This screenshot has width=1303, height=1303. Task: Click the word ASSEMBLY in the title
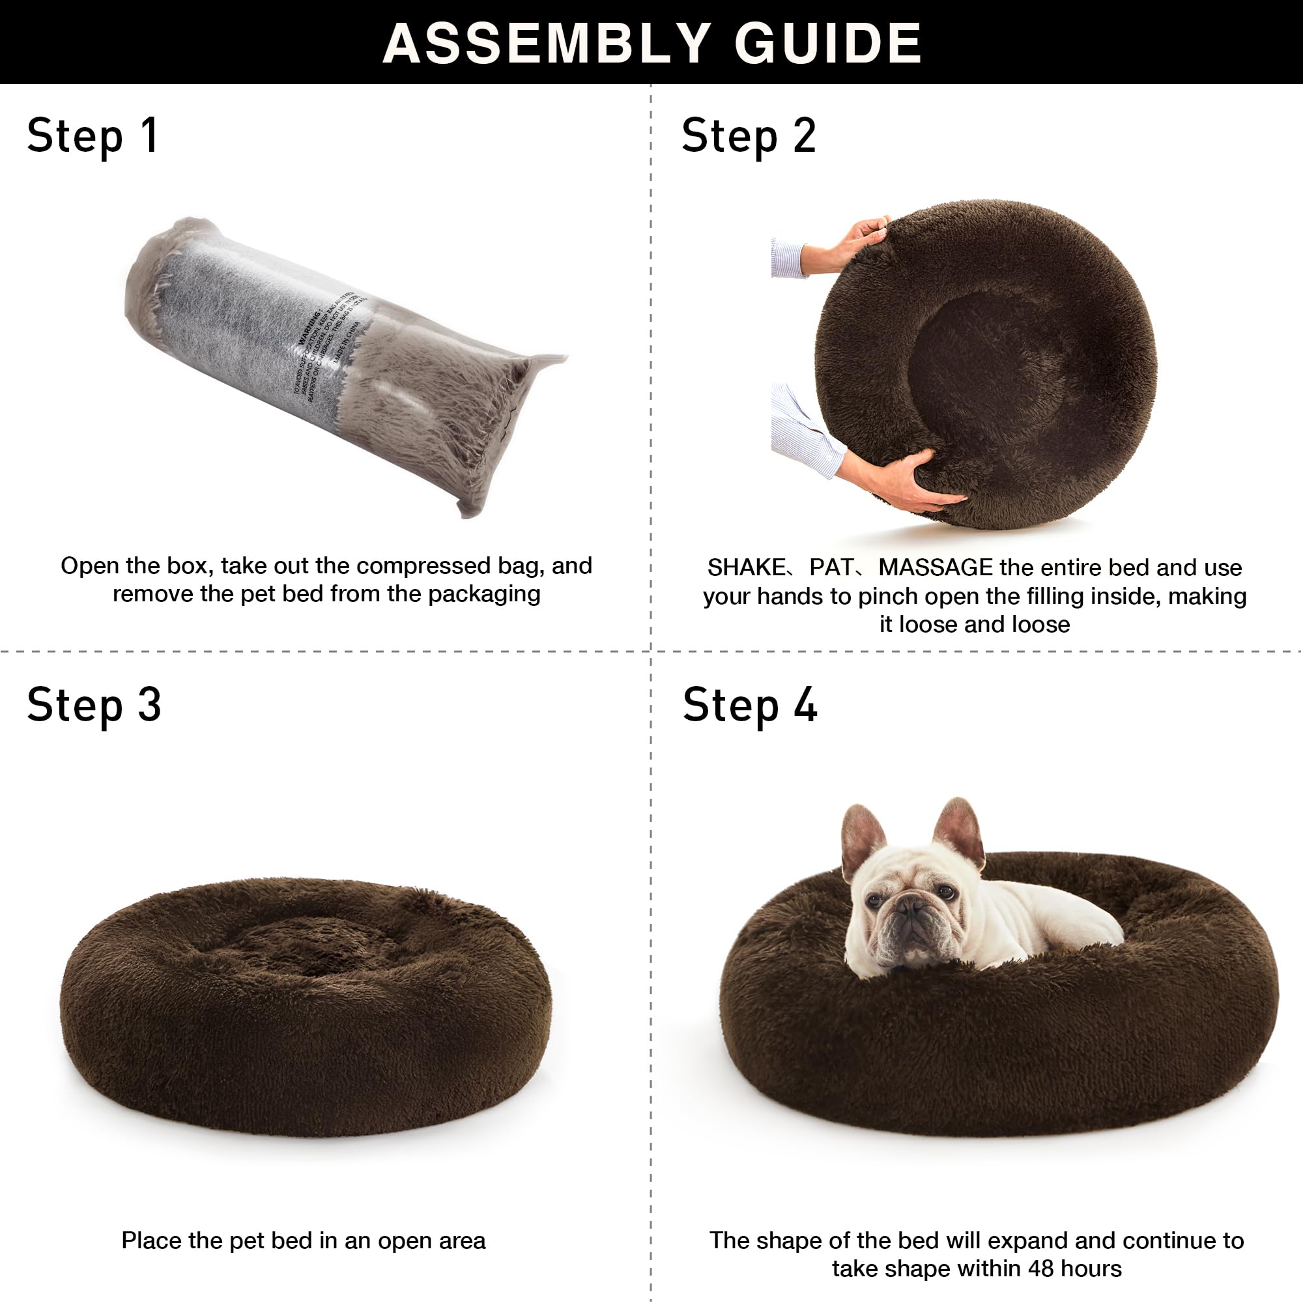(547, 43)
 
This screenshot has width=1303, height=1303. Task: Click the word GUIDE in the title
(827, 43)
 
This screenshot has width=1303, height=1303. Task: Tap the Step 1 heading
(93, 136)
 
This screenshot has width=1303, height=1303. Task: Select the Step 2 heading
(748, 136)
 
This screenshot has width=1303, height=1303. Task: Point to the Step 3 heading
(94, 706)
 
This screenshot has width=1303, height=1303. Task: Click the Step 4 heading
(749, 706)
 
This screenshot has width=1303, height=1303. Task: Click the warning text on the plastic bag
(330, 351)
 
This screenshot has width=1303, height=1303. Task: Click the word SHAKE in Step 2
(746, 567)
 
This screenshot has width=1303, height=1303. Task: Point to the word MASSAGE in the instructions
(936, 567)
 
